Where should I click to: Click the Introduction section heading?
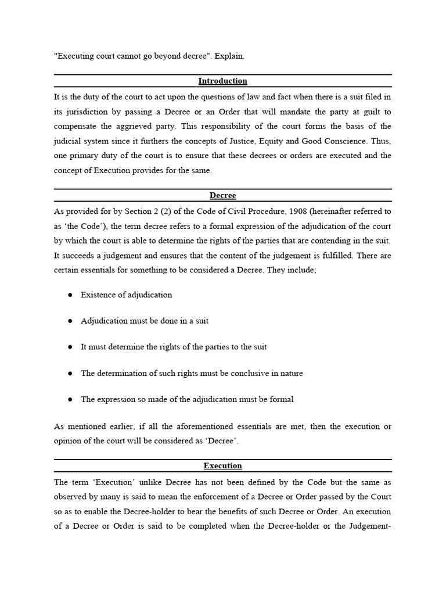222,81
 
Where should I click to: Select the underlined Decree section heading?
222,196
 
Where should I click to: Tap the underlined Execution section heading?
222,466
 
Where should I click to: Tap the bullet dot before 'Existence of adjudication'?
70,295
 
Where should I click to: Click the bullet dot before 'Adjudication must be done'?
70,321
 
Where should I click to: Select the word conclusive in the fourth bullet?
254,373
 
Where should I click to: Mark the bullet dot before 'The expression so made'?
70,399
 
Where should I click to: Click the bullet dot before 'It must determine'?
70,347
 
